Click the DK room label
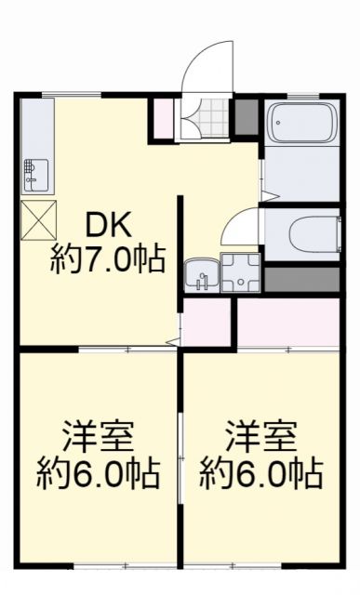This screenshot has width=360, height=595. (x=111, y=224)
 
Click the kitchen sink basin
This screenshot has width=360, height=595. (x=36, y=174)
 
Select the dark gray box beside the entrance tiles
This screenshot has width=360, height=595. (x=245, y=116)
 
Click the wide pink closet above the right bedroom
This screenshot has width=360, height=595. (x=289, y=322)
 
